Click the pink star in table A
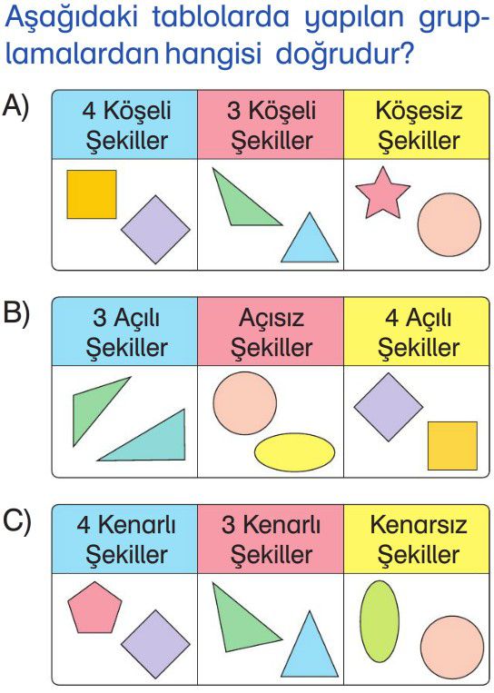click(382, 194)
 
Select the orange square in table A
click(92, 194)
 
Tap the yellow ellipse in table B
click(294, 452)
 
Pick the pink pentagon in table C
click(94, 608)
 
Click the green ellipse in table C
click(379, 621)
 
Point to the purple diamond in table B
click(389, 407)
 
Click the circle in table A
click(450, 225)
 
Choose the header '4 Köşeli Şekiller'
click(126, 125)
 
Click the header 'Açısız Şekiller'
click(272, 332)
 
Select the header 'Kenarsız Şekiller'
click(419, 540)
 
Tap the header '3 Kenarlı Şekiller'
click(272, 540)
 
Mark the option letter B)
click(16, 313)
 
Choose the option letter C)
click(16, 521)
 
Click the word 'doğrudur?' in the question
click(345, 54)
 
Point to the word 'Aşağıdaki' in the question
click(72, 18)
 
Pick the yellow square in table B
click(452, 445)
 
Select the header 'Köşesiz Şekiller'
click(419, 125)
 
